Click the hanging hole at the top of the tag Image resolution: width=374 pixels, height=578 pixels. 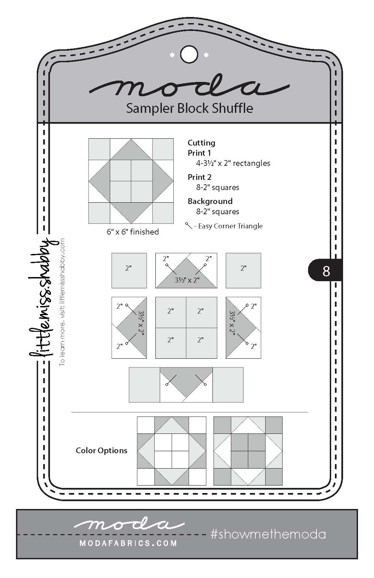pos(189,55)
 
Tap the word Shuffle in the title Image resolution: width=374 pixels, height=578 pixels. pos(233,108)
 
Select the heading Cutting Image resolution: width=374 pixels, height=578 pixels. pos(201,143)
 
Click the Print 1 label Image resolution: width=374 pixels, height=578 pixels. pos(199,153)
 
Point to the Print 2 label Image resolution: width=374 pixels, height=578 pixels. pos(199,177)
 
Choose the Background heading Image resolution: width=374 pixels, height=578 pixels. pos(210,201)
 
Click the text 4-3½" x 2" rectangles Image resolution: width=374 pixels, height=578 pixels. pos(233,163)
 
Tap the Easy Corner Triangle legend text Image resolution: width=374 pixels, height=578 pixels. pos(231,226)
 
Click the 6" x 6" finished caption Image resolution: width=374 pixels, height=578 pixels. pos(133,232)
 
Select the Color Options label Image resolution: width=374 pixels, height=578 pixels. pos(102,450)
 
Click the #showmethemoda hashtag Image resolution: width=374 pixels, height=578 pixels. pos(268,534)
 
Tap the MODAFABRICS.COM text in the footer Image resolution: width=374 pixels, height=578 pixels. pos(128,543)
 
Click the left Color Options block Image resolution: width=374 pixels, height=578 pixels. pos(172,451)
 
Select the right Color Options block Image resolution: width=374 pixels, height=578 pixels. pos(248,451)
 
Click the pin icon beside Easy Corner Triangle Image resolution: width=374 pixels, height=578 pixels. pos(188,226)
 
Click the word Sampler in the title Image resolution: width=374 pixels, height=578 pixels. pos(149,108)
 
